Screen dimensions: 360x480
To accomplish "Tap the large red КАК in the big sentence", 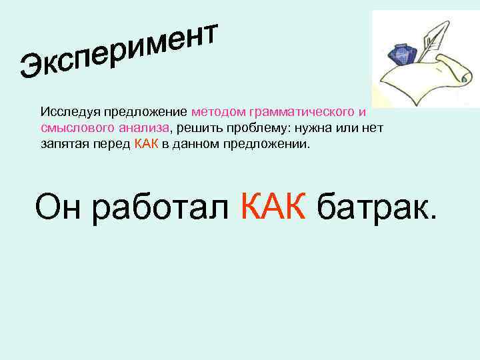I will coord(272,207).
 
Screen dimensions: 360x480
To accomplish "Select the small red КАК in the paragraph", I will coord(145,143).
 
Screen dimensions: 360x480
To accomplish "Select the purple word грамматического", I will coord(301,111).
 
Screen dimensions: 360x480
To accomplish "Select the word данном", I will coord(193,143).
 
